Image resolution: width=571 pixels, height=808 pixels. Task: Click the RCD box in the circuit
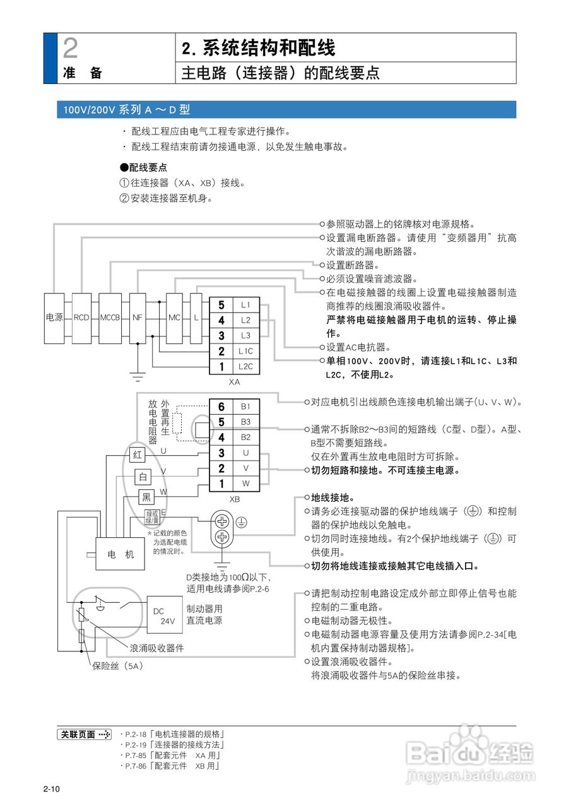coord(81,318)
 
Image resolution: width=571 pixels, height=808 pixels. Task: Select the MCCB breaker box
coord(109,318)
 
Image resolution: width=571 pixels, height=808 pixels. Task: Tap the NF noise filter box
coord(137,318)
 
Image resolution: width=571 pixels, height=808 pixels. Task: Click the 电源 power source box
coord(54,318)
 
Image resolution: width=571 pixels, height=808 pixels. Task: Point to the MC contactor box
coord(175,318)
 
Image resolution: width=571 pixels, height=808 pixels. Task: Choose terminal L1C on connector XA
coord(245,351)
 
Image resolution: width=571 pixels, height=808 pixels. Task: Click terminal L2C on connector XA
coord(245,366)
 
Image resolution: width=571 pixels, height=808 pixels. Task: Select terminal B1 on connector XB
coord(245,407)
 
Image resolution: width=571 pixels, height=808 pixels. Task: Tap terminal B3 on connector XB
coord(245,422)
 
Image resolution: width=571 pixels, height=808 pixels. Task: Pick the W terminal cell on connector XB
coord(245,484)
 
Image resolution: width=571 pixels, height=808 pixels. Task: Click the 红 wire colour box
coord(138,454)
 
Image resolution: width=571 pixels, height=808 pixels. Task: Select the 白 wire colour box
coord(143,477)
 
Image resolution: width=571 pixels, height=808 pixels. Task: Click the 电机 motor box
coord(121,554)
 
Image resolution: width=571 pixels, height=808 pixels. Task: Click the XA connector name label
coord(234,382)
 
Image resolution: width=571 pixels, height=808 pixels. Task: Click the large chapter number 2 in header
coord(71,48)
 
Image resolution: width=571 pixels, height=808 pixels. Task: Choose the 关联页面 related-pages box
coord(84,734)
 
